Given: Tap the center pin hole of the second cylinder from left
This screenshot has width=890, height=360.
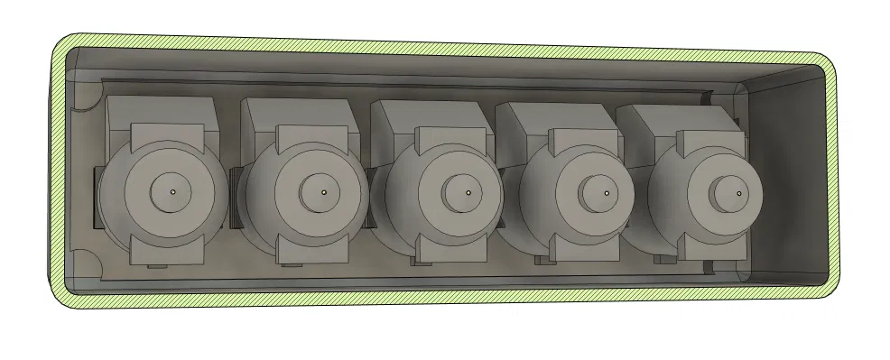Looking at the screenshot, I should point(323,191).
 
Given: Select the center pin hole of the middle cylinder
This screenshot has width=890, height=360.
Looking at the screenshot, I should point(469,191).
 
